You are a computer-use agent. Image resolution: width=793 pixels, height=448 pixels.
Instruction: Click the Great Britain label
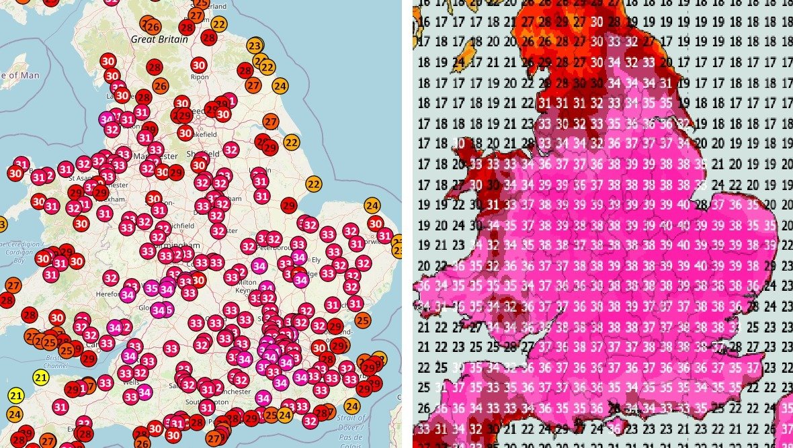coord(153,40)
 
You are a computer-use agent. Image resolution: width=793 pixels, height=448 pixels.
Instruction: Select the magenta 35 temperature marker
coord(151,289)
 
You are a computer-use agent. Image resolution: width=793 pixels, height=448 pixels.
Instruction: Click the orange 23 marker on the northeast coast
coord(255,46)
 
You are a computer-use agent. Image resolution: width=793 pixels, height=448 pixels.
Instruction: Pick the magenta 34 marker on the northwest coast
coord(106,119)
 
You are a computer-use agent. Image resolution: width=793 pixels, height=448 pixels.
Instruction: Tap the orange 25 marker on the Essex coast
coord(362,320)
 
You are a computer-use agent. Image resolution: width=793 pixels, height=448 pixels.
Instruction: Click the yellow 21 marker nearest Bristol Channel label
coord(41,377)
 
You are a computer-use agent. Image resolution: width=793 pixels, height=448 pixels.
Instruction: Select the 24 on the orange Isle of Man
coord(460,64)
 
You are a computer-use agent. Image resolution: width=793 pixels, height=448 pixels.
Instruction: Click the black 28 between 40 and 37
coord(701,204)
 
